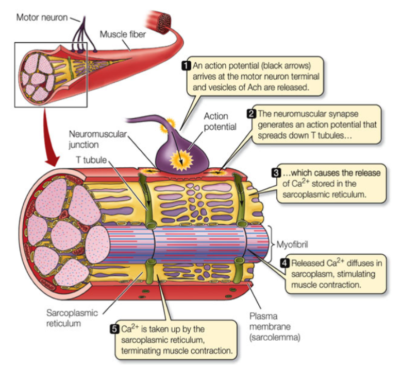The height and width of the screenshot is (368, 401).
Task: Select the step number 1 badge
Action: pos(187,65)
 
